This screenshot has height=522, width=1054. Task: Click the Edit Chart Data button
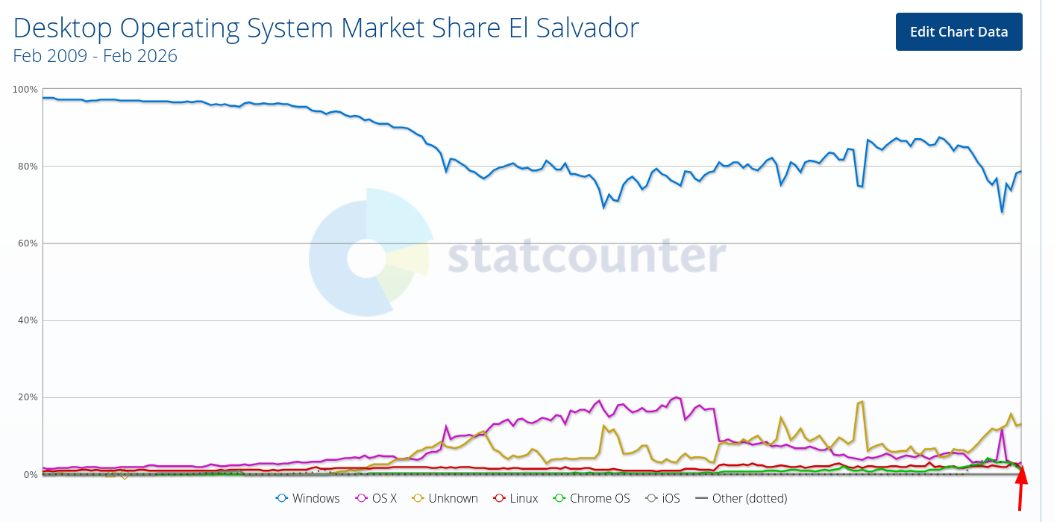click(x=959, y=32)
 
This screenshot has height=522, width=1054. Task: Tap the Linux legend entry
click(x=515, y=498)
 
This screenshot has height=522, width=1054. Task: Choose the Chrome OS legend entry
click(x=592, y=498)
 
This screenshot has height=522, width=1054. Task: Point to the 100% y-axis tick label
click(x=25, y=90)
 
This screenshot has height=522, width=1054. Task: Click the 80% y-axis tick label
click(x=28, y=167)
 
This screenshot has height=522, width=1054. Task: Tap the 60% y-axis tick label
click(x=28, y=243)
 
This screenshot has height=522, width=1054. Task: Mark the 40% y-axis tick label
click(x=28, y=320)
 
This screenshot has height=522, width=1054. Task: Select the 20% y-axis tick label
click(x=28, y=397)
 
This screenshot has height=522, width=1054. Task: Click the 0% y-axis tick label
click(x=30, y=475)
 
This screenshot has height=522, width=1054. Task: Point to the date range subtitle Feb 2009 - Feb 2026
click(x=95, y=56)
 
